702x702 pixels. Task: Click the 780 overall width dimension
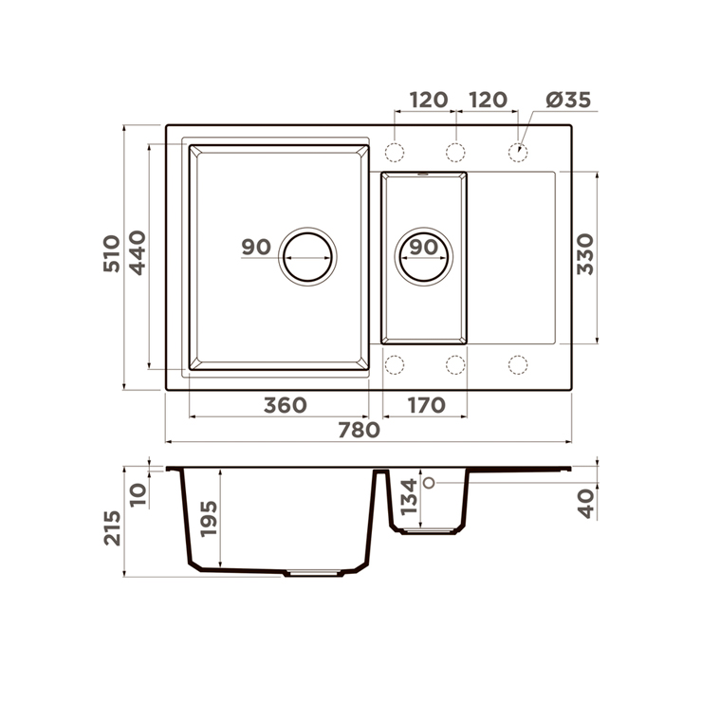point(359,430)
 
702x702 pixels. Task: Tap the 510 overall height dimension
point(112,253)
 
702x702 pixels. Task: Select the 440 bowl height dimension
point(138,252)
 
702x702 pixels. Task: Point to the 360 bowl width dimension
point(286,405)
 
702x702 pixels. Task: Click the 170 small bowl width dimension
point(426,405)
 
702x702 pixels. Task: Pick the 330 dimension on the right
point(585,254)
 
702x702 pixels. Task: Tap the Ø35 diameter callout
point(568,100)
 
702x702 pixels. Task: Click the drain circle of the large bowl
point(307,257)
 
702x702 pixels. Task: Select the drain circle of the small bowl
point(423,257)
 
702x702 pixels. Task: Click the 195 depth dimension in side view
point(209,519)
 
